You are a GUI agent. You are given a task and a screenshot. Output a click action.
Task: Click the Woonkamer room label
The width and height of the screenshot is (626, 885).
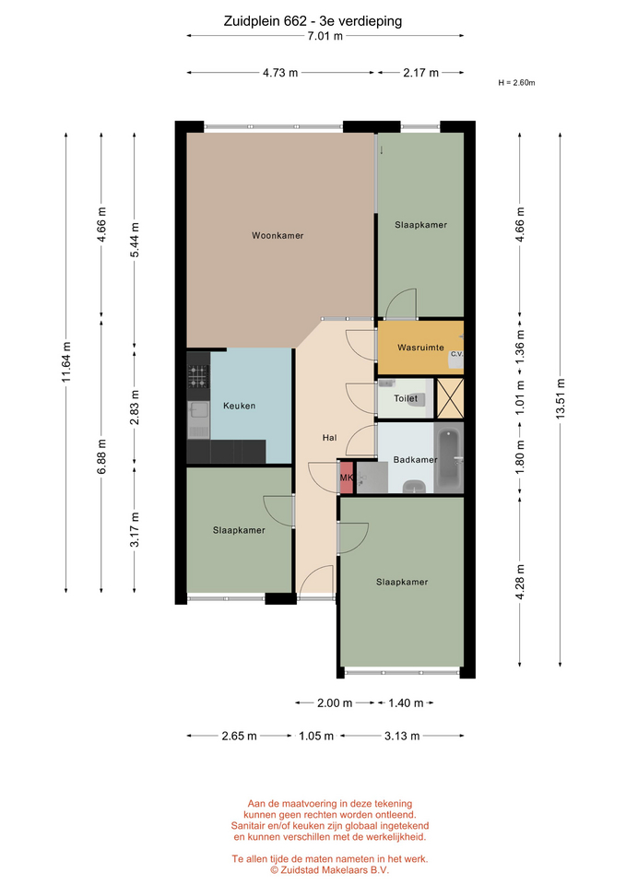pyautogui.click(x=278, y=235)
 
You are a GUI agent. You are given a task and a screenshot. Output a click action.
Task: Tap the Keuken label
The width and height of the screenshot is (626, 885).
pyautogui.click(x=240, y=406)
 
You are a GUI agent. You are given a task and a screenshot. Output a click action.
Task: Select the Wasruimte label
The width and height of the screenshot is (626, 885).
pyautogui.click(x=420, y=348)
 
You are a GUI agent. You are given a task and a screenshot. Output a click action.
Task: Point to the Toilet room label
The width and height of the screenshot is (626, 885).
pyautogui.click(x=406, y=398)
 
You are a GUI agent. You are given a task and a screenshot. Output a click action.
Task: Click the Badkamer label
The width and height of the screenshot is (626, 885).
pyautogui.click(x=416, y=460)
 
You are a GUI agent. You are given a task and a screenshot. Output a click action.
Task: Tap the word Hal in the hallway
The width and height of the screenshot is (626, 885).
pyautogui.click(x=330, y=437)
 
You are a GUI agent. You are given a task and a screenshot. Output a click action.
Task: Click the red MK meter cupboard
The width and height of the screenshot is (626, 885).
pyautogui.click(x=346, y=478)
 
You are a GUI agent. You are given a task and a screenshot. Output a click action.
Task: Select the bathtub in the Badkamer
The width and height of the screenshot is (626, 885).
pyautogui.click(x=450, y=459)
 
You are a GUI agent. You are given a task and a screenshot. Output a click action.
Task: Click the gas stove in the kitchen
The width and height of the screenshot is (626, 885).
pyautogui.click(x=198, y=376)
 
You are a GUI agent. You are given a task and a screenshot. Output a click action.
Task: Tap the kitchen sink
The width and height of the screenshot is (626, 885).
pyautogui.click(x=198, y=420)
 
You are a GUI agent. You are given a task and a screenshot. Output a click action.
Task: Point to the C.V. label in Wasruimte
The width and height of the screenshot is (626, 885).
pyautogui.click(x=456, y=354)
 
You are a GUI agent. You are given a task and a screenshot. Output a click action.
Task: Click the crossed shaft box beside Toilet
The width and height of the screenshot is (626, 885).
pyautogui.click(x=451, y=398)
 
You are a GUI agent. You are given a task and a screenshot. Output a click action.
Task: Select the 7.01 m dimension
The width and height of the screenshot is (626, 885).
pyautogui.click(x=325, y=36)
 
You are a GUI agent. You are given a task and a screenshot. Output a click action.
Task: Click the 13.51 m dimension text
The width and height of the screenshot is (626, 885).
pyautogui.click(x=560, y=398)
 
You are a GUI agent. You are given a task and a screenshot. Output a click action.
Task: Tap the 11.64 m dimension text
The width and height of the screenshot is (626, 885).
pyautogui.click(x=66, y=361)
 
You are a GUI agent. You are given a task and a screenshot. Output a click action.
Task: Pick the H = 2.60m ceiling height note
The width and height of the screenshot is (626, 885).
pyautogui.click(x=516, y=83)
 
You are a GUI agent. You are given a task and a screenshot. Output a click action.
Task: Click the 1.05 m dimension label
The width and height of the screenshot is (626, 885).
pyautogui.click(x=316, y=736)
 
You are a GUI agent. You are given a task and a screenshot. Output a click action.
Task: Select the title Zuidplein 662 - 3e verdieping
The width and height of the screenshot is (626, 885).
pyautogui.click(x=313, y=21)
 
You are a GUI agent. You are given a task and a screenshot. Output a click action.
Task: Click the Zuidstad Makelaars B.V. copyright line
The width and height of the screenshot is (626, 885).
pyautogui.click(x=330, y=869)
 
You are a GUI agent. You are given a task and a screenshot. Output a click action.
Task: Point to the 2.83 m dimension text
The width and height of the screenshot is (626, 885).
pyautogui.click(x=135, y=407)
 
